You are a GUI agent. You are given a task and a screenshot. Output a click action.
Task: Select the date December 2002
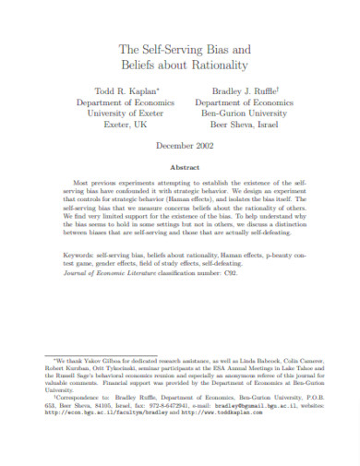click(x=181, y=147)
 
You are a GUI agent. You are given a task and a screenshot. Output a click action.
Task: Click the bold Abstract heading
click(x=181, y=166)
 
